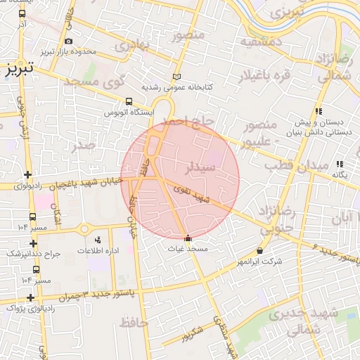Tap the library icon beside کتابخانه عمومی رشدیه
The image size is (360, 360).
pyautogui.click(x=176, y=77)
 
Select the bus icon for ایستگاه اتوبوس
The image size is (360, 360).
pyautogui.click(x=129, y=101)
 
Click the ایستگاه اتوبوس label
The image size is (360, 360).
pyautogui.click(x=129, y=112)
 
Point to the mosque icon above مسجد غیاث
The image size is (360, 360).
pyautogui.click(x=187, y=237)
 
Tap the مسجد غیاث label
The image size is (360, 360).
pyautogui.click(x=186, y=248)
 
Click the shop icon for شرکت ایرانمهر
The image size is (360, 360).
pyautogui.click(x=261, y=250)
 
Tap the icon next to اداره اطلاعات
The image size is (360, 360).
pyautogui.click(x=97, y=240)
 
